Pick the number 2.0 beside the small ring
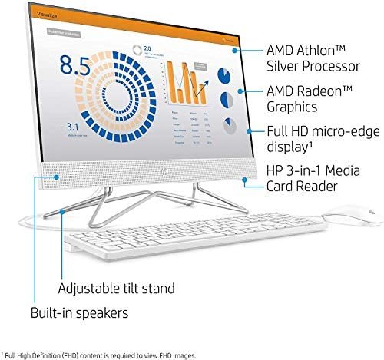coord(148,48)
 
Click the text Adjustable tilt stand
coord(117,289)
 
